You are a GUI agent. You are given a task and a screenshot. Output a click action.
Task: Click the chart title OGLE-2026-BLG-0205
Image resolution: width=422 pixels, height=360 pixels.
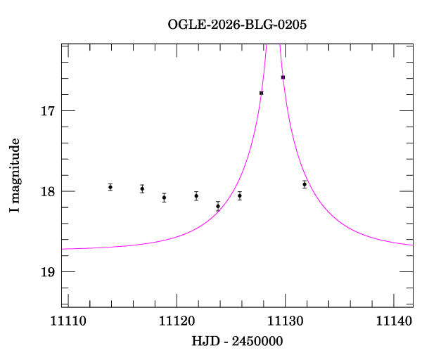(x=237, y=24)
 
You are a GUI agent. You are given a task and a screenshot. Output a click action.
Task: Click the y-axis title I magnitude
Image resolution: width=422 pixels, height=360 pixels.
(x=15, y=176)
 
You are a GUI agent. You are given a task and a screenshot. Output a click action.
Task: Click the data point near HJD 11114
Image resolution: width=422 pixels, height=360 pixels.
(x=110, y=187)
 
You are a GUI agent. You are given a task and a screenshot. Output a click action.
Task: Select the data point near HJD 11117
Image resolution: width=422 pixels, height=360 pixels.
(x=142, y=188)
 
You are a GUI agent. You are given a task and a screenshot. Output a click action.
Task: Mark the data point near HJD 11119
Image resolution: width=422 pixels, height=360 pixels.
(x=164, y=198)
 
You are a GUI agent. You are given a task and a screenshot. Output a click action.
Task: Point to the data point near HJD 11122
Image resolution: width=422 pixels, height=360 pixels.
(x=196, y=195)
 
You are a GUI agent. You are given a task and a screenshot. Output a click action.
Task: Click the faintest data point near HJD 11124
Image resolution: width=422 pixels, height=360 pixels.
(x=218, y=206)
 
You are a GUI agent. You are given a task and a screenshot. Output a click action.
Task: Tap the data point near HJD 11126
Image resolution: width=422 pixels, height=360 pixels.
(x=240, y=195)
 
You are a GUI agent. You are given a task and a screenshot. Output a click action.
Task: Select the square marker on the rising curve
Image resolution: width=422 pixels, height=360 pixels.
(x=261, y=93)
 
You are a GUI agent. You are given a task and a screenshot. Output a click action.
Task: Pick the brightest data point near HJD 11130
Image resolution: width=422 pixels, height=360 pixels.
(x=283, y=77)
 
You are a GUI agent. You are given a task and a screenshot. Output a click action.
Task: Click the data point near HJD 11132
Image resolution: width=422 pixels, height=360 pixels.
(x=305, y=184)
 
